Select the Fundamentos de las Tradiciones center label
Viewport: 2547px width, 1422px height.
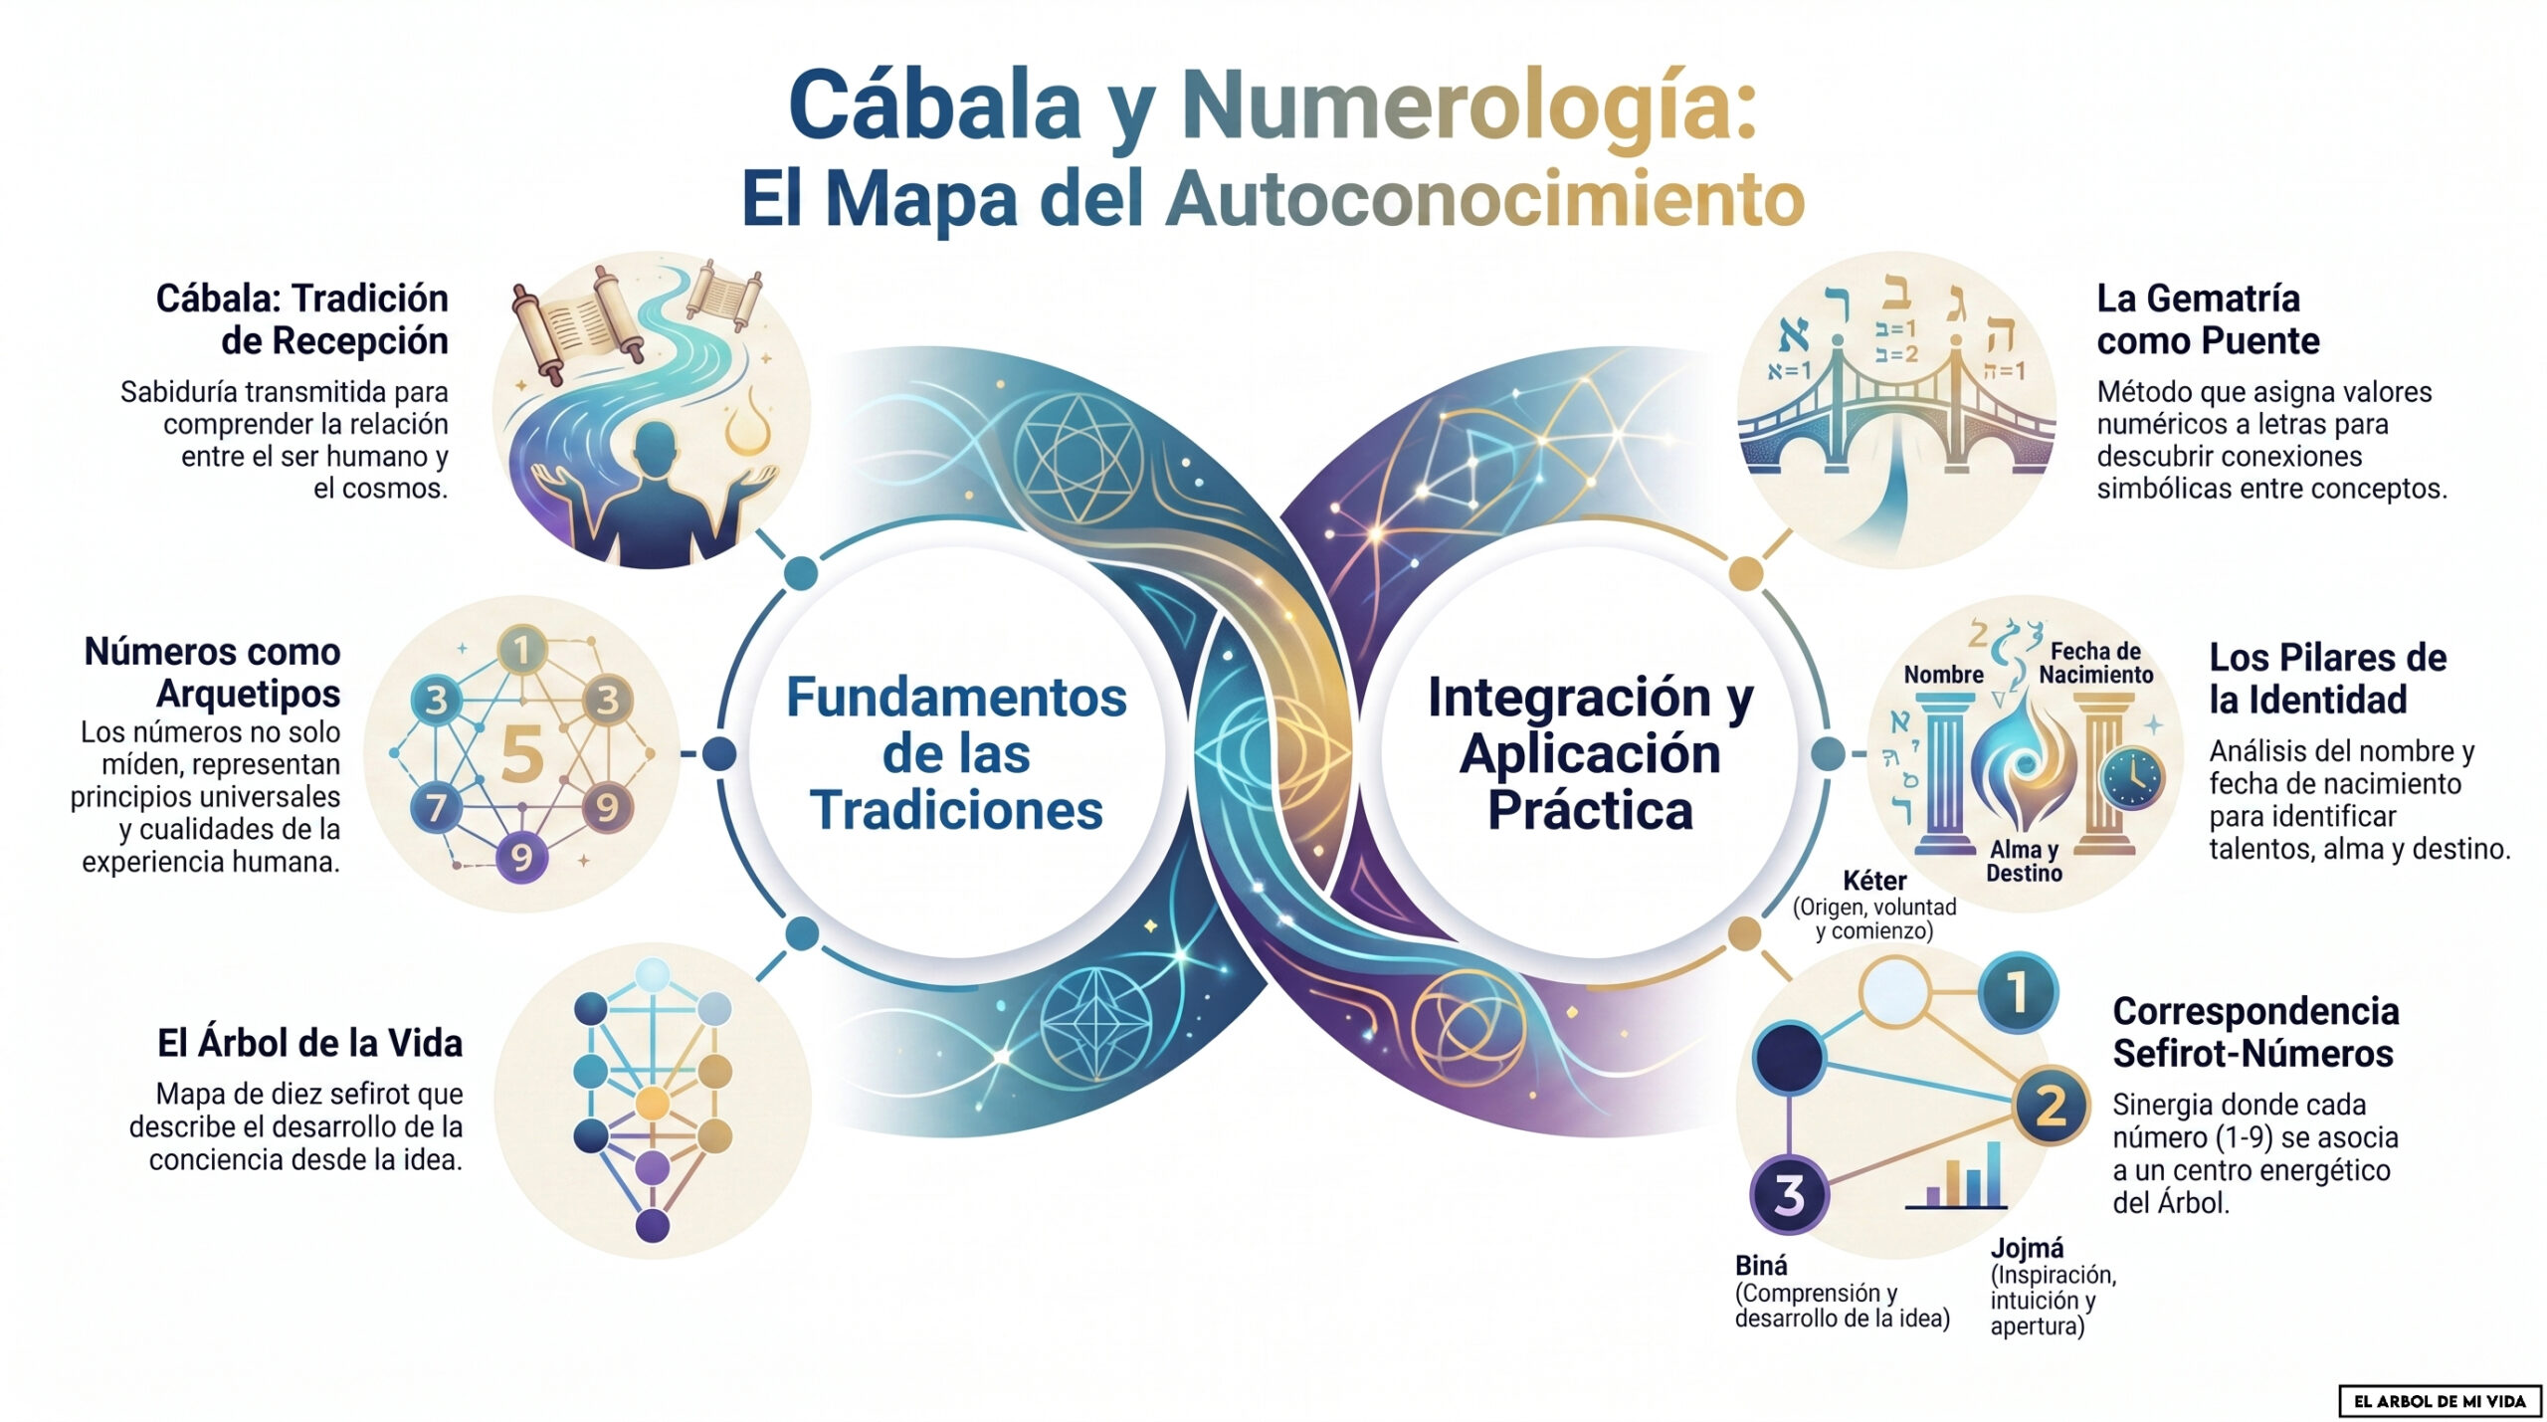(x=956, y=753)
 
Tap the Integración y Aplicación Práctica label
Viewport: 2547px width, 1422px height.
(x=1590, y=753)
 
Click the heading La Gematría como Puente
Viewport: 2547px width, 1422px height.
(x=2208, y=319)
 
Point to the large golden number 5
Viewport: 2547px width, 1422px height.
(x=522, y=753)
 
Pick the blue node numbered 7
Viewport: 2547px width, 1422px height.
(x=437, y=807)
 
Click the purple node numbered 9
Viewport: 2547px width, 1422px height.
(x=521, y=857)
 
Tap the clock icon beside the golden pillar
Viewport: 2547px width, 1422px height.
(x=2132, y=777)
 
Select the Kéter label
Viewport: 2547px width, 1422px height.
(x=1874, y=881)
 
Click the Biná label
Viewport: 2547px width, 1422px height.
(x=1761, y=1266)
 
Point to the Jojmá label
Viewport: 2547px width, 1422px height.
(x=2027, y=1248)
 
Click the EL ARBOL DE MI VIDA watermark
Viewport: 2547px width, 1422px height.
(x=2440, y=1401)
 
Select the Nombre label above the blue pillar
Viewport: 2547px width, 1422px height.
(x=1943, y=675)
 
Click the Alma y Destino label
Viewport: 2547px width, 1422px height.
(x=2024, y=861)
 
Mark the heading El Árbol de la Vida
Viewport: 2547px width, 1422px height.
(x=309, y=1043)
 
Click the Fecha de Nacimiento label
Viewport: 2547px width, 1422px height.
(x=2095, y=663)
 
